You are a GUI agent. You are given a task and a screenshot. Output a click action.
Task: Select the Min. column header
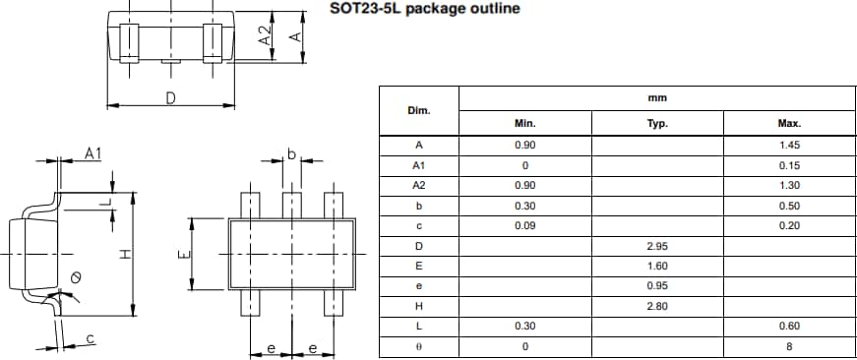coord(524,124)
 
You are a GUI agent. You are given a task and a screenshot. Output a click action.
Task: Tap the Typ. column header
coord(657,124)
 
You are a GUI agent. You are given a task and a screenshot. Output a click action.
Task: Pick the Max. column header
coord(789,124)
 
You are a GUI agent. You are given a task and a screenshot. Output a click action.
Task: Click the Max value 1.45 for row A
coord(789,145)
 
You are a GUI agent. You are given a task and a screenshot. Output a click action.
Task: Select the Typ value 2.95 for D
coord(657,245)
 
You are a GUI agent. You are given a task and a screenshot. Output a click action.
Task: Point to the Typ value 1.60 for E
coord(657,266)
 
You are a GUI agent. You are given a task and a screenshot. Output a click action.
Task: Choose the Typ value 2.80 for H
coord(657,306)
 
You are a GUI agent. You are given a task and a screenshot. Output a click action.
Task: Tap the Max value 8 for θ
coord(789,346)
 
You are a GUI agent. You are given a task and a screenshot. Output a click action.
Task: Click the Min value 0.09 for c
coord(524,225)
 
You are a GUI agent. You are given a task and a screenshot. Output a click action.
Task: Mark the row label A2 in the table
coord(418,185)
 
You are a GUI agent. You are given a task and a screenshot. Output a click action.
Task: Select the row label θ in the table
coord(418,346)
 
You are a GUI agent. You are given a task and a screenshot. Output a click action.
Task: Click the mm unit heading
coord(657,97)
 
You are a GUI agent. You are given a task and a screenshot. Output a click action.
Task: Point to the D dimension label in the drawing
coord(170,97)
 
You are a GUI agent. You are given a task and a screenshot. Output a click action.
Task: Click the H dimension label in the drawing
coord(124,254)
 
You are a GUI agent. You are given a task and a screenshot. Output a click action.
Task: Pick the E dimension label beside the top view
coord(182,254)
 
